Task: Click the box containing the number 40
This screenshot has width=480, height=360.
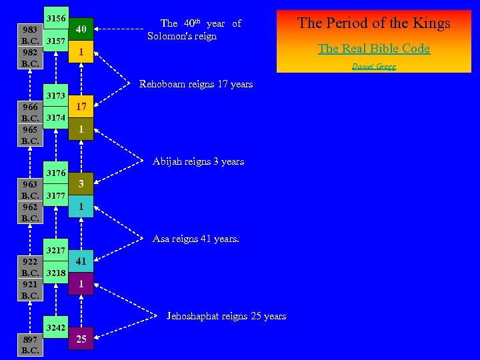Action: pyautogui.click(x=81, y=29)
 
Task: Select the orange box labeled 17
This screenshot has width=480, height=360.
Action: pyautogui.click(x=81, y=106)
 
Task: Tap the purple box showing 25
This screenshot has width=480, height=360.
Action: pyautogui.click(x=81, y=339)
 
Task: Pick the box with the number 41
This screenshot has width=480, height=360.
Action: pyautogui.click(x=81, y=261)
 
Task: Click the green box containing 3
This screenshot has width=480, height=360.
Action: pyautogui.click(x=81, y=183)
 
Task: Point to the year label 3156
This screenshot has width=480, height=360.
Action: pyautogui.click(x=56, y=19)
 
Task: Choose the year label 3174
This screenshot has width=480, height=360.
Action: pyautogui.click(x=56, y=118)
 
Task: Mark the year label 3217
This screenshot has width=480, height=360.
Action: pyautogui.click(x=56, y=251)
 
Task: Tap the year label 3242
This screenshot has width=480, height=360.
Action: pyautogui.click(x=56, y=327)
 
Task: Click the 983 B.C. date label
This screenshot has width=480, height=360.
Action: pyautogui.click(x=30, y=35)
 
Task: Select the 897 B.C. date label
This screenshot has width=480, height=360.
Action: pyautogui.click(x=30, y=345)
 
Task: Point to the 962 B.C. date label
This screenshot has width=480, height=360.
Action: pyautogui.click(x=30, y=212)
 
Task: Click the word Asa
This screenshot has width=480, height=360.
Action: pyautogui.click(x=161, y=239)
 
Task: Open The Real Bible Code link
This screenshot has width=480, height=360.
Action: pyautogui.click(x=373, y=49)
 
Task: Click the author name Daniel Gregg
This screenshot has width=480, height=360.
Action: pyautogui.click(x=373, y=66)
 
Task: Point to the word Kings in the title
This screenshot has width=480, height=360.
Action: pyautogui.click(x=429, y=23)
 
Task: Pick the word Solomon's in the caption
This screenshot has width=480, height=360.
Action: pyautogui.click(x=171, y=36)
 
